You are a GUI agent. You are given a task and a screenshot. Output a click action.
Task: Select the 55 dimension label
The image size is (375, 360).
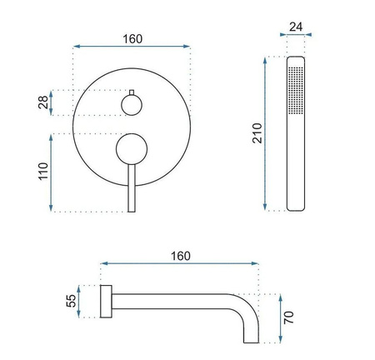tap(72, 299)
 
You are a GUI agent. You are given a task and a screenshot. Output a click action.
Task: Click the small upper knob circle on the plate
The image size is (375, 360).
tap(131, 104)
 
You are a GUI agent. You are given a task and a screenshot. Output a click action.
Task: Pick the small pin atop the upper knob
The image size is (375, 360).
tap(131, 90)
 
